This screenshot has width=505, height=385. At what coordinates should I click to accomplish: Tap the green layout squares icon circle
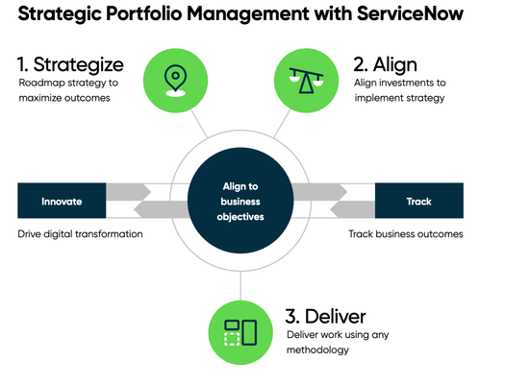[240, 331]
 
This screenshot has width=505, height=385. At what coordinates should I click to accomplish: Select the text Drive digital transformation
[81, 234]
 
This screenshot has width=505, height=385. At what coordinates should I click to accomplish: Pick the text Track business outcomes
[405, 234]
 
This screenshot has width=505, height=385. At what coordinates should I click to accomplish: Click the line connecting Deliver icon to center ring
[240, 285]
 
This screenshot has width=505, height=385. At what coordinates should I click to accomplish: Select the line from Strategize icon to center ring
[198, 124]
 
